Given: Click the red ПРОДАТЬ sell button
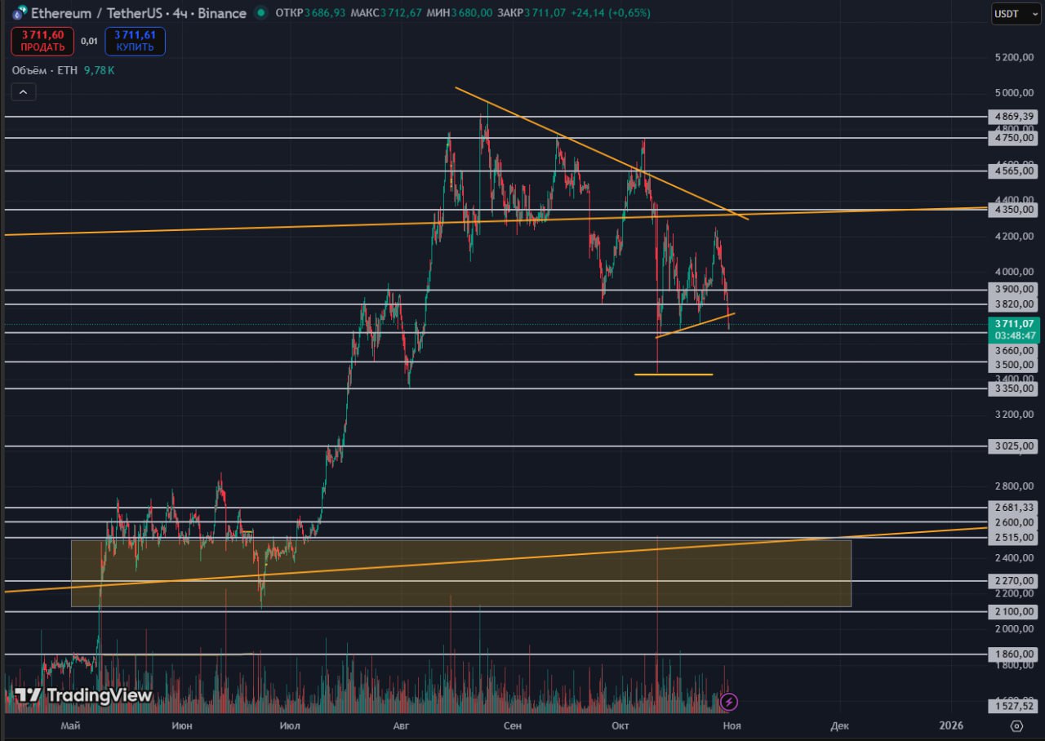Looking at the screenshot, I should [x=42, y=41].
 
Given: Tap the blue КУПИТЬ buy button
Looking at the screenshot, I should [x=135, y=41].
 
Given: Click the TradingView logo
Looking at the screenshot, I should [x=84, y=695].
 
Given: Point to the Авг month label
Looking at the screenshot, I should [x=401, y=725].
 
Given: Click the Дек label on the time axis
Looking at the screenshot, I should [x=839, y=725].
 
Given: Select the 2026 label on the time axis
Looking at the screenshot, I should [x=951, y=725].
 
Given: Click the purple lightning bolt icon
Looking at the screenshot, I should [x=729, y=701].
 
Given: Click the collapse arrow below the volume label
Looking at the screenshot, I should [x=23, y=92].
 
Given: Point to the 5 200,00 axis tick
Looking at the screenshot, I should [x=1012, y=57].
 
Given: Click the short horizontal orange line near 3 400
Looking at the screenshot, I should [x=674, y=375].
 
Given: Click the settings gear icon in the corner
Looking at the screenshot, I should [x=1016, y=725].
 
